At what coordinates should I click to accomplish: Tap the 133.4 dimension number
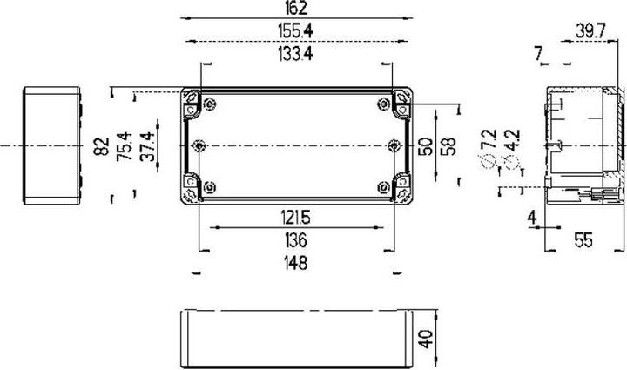295,54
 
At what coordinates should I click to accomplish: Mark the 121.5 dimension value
295,216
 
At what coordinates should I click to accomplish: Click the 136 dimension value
296,239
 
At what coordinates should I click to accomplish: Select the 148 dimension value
296,262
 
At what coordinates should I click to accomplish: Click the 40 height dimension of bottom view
426,338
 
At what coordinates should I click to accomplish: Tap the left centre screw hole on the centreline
199,145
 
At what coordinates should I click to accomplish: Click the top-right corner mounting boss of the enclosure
402,98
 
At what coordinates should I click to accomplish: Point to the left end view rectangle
52,145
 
